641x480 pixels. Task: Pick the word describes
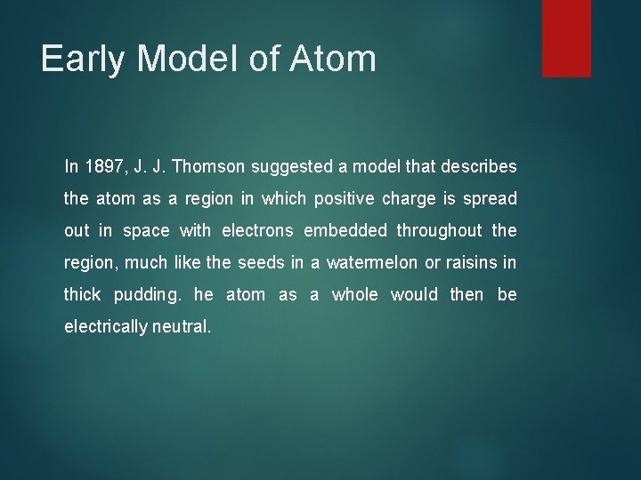(x=480, y=166)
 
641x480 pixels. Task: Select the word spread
(x=491, y=198)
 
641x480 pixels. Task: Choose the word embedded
(x=345, y=230)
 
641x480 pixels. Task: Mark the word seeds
(x=259, y=262)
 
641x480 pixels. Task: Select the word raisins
(x=466, y=262)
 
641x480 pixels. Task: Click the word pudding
(x=148, y=294)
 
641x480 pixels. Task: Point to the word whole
(x=354, y=294)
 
